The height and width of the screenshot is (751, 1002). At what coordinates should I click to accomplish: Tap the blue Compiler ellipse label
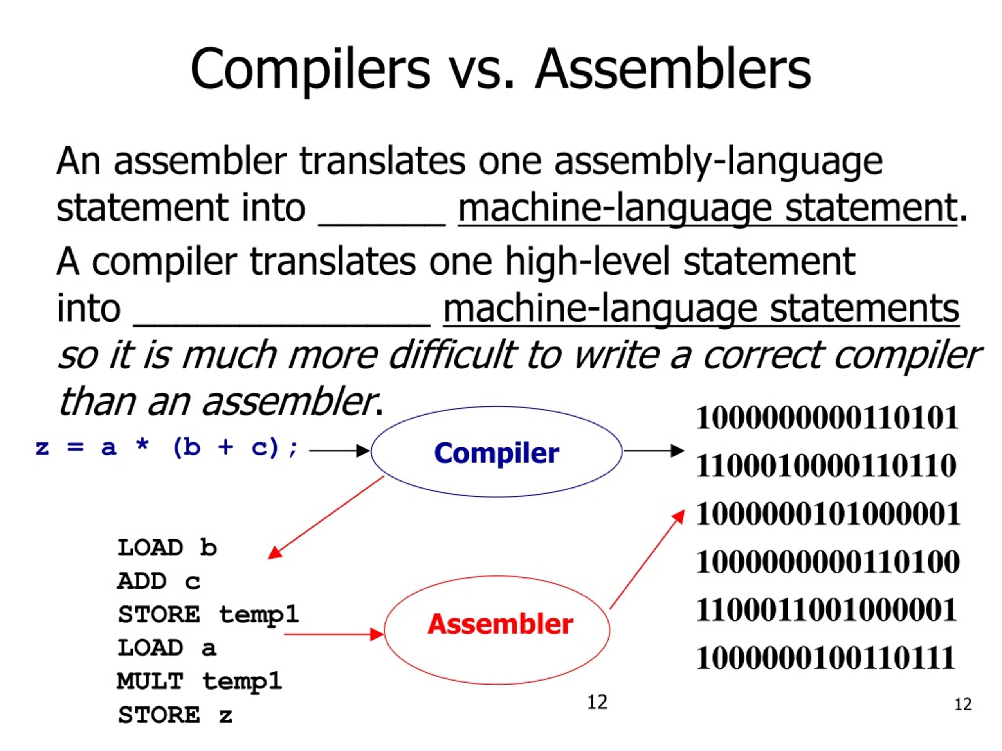click(496, 453)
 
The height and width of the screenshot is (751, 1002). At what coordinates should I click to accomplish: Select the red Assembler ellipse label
click(500, 624)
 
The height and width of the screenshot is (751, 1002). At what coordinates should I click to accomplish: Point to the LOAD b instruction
click(167, 548)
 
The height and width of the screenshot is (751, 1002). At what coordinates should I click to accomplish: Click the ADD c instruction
click(159, 581)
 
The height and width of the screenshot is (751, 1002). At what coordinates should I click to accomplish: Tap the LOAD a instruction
click(167, 648)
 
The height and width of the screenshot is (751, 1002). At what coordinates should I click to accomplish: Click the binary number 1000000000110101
click(827, 417)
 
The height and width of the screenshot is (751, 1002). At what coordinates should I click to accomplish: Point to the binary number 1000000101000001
click(827, 514)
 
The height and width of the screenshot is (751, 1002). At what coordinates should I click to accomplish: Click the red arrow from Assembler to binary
click(647, 559)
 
